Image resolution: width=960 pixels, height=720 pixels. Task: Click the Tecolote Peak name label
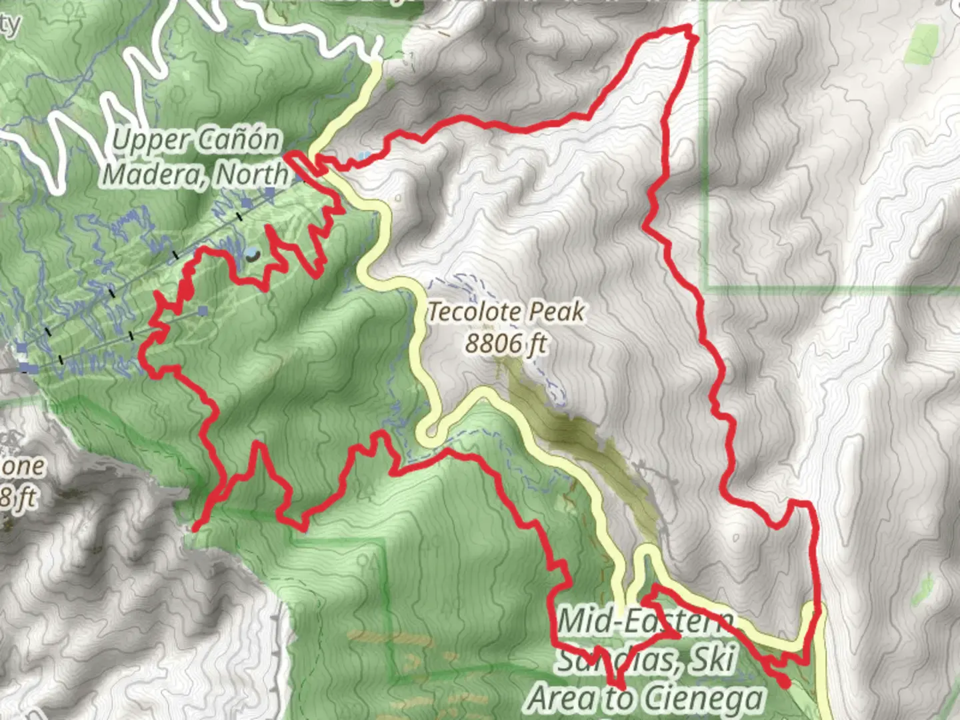click(506, 311)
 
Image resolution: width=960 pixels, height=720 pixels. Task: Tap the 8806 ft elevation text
click(506, 344)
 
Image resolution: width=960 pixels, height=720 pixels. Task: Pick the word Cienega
click(705, 699)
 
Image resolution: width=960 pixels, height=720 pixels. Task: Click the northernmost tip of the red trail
click(689, 28)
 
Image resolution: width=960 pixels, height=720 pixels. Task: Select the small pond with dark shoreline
click(251, 255)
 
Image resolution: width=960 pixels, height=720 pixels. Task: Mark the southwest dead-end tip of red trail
click(195, 529)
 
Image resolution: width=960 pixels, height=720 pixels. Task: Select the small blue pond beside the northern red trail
click(363, 157)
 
